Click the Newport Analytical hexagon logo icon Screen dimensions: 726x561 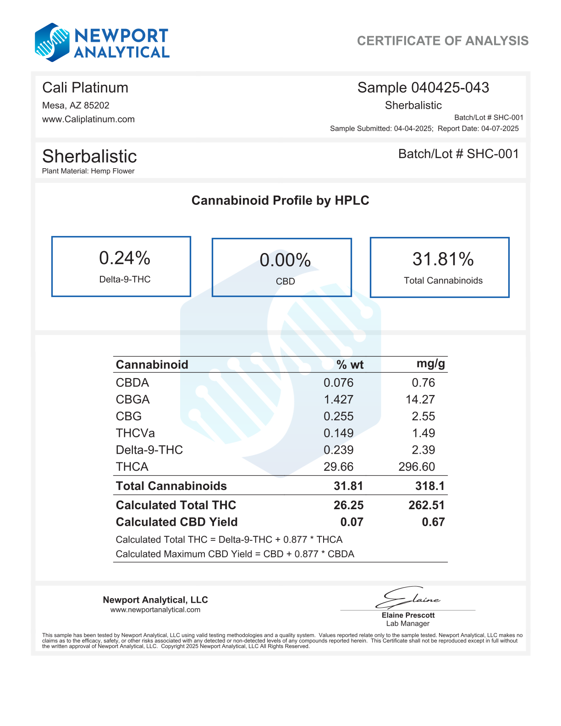tap(52, 43)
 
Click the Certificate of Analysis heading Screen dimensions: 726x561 tap(442, 41)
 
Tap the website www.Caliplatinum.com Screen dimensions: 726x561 tap(88, 119)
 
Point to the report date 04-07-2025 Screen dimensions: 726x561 tap(500, 128)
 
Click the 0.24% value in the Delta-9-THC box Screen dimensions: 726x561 tap(125, 258)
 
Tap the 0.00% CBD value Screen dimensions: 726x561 tap(285, 260)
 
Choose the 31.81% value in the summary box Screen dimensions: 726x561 tap(443, 259)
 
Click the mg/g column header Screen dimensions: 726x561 tap(430, 364)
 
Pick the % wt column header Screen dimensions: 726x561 tap(350, 365)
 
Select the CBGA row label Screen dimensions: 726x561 tap(133, 400)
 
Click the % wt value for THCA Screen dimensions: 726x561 tap(338, 467)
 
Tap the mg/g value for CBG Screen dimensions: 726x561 tap(423, 416)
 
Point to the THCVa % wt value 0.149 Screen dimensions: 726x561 tap(338, 433)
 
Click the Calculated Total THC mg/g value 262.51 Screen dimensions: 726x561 tap(426, 505)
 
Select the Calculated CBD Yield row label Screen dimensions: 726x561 tap(176, 522)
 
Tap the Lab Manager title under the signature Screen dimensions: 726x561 tap(407, 623)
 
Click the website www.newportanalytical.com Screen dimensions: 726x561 tap(155, 610)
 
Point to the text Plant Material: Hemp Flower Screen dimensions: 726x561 tap(88, 171)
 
